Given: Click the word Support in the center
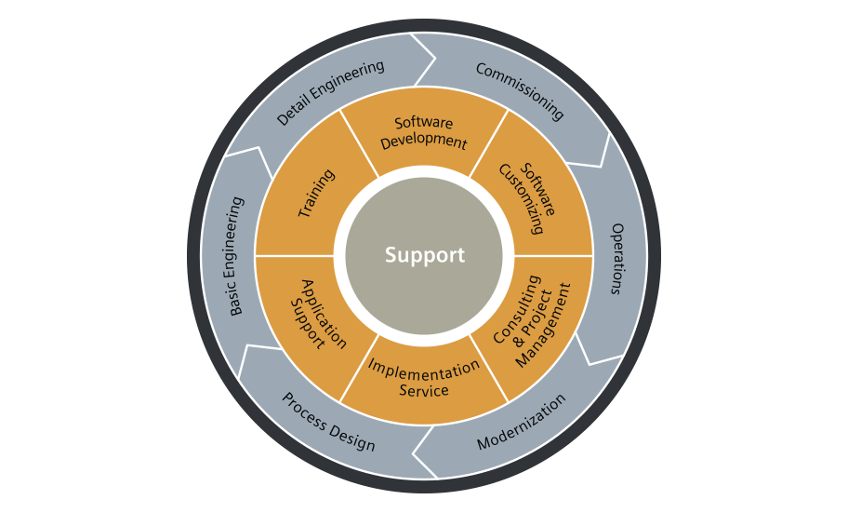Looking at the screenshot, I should tap(424, 255).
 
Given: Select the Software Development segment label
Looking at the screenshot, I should tap(424, 133).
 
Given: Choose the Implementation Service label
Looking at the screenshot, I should tap(423, 377).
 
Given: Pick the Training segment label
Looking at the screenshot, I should tap(316, 193).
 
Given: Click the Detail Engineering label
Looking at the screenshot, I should tap(330, 93).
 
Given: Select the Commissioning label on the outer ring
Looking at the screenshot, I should tap(520, 91).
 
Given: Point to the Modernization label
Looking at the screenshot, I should tap(521, 422).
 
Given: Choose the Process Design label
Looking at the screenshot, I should tap(328, 422).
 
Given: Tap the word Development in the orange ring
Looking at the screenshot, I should tap(424, 142).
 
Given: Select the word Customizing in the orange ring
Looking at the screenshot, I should tap(519, 202).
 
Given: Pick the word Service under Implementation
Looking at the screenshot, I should tap(424, 389).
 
